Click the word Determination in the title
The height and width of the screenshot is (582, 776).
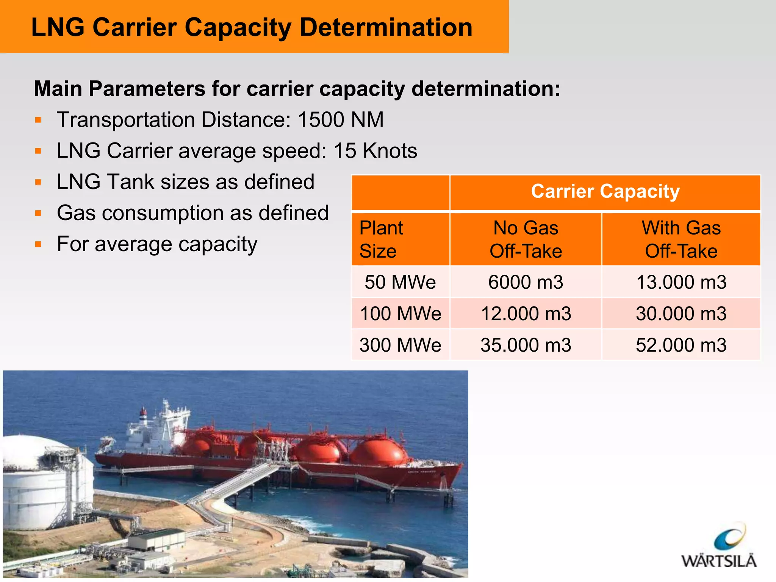click(x=386, y=28)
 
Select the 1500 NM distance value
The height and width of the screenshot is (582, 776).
click(x=340, y=120)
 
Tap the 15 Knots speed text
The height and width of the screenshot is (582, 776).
click(x=375, y=151)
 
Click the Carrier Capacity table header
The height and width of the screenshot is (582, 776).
click(x=605, y=192)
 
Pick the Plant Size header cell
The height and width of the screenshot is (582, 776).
click(x=400, y=239)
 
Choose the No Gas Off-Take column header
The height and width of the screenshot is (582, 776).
click(x=526, y=239)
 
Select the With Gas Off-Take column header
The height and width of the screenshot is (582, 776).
click(x=681, y=239)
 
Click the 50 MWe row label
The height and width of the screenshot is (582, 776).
click(x=400, y=282)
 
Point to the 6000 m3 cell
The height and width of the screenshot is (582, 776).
click(x=526, y=282)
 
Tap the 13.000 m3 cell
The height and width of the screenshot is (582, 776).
click(x=681, y=282)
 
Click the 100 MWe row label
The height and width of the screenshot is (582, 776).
click(x=400, y=314)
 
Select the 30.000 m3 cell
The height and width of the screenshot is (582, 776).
click(x=681, y=314)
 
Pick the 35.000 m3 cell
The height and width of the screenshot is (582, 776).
click(x=526, y=345)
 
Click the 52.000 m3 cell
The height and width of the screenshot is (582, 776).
click(x=681, y=345)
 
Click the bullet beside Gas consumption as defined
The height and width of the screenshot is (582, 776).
click(x=38, y=213)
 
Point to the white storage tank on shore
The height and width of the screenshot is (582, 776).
click(x=42, y=485)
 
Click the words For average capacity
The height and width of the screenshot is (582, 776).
click(x=157, y=244)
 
